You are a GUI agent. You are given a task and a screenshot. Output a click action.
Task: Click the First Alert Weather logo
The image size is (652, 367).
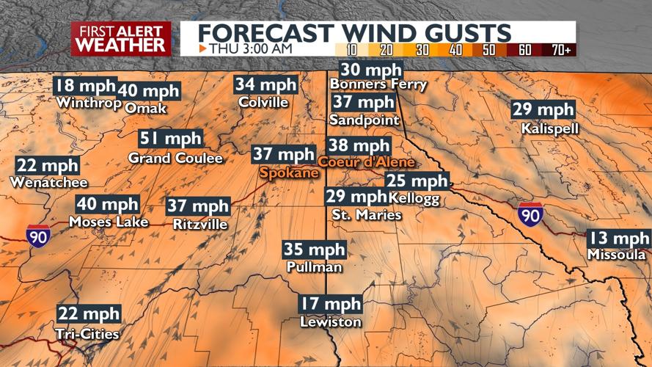coord(121,38)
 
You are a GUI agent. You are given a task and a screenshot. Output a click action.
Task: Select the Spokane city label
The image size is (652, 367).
coord(289,172)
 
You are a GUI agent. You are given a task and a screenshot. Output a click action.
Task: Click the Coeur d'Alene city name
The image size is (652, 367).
coord(366,161)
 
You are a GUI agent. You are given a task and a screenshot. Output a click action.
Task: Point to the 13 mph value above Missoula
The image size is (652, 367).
coord(619,239)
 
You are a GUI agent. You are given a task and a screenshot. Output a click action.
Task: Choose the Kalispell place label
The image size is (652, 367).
coord(550,128)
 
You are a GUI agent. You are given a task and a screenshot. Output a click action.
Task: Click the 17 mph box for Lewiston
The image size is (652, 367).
coord(330,304)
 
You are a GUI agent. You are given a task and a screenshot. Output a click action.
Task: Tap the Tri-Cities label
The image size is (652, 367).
coord(87,334)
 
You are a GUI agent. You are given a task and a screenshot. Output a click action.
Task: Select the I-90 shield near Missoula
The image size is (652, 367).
coord(530,214)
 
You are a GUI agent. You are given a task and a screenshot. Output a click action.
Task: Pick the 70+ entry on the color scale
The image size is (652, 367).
coord(561,49)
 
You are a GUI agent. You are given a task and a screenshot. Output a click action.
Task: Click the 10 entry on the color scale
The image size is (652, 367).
coord(351,49)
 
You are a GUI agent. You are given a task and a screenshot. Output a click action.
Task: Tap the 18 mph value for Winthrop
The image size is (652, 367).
coord(85,85)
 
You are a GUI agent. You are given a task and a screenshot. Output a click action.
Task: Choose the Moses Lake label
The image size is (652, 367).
coord(109,222)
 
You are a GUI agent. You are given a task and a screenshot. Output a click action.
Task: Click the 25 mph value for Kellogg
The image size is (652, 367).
coord(417,181)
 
